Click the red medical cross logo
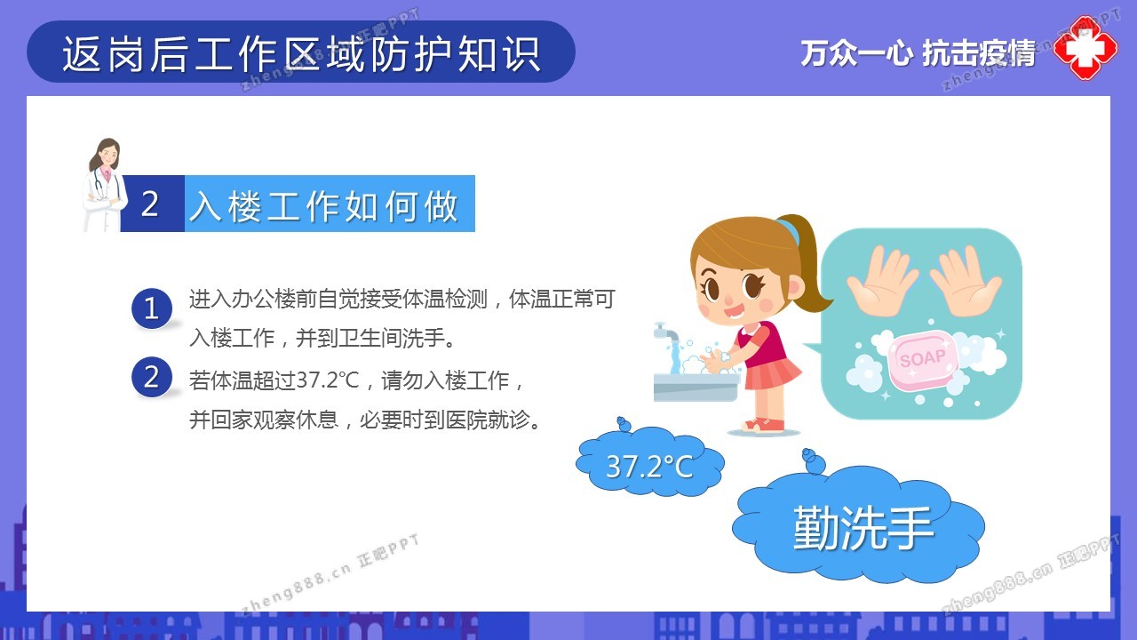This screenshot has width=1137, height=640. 1085,48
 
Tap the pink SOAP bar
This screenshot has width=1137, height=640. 923,360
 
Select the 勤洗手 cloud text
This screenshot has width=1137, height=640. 863,528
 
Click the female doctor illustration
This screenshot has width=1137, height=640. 105,185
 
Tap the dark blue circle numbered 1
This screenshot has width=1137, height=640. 152,308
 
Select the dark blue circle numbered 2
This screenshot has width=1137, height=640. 152,377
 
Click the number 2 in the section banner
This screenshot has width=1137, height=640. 150,204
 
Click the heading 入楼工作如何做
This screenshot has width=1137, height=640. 324,206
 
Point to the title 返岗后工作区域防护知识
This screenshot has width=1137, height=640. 301,53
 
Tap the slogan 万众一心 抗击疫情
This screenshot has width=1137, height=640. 918,53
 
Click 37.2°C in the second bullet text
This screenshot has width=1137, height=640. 328,380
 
